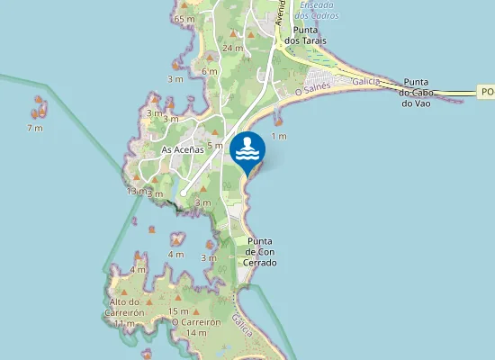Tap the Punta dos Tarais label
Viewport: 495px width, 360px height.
[304, 34]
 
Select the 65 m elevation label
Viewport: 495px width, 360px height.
[185, 19]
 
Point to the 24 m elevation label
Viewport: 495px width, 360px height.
[232, 48]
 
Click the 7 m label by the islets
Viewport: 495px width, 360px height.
[35, 128]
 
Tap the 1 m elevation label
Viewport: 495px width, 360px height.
[279, 136]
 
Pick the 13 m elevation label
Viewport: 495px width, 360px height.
[135, 191]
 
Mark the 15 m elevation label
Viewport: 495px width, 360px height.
[178, 310]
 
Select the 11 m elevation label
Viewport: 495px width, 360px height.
[124, 323]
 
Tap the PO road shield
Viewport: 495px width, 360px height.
[486, 92]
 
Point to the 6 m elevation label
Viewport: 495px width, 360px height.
[210, 71]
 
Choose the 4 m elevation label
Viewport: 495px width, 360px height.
[175, 254]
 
